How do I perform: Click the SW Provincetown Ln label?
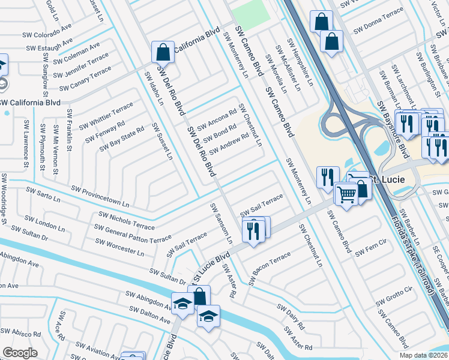pyautogui.click(x=100, y=197)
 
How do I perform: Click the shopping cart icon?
pyautogui.click(x=346, y=194)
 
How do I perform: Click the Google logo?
pyautogui.click(x=20, y=353)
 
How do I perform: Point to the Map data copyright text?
pyautogui.click(x=423, y=355)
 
